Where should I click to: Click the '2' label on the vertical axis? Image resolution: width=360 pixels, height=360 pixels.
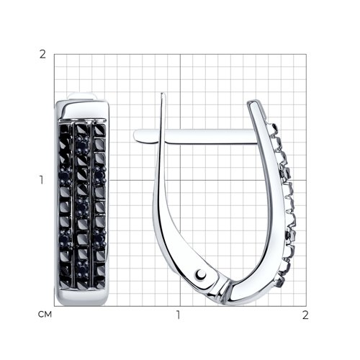(x=42, y=55)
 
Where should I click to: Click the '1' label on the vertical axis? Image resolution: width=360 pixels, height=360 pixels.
(x=42, y=180)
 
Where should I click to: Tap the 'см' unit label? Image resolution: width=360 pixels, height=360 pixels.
(x=45, y=314)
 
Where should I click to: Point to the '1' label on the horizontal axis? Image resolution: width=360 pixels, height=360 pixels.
(x=178, y=315)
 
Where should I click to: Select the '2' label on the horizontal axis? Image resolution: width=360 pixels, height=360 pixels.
(x=305, y=315)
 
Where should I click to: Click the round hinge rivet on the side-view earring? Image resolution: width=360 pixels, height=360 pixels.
(x=201, y=274)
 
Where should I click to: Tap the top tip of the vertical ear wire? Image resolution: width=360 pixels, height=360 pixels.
(x=163, y=94)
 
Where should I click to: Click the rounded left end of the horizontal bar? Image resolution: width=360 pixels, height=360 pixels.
(x=136, y=135)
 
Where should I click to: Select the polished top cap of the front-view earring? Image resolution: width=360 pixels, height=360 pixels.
(x=83, y=109)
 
